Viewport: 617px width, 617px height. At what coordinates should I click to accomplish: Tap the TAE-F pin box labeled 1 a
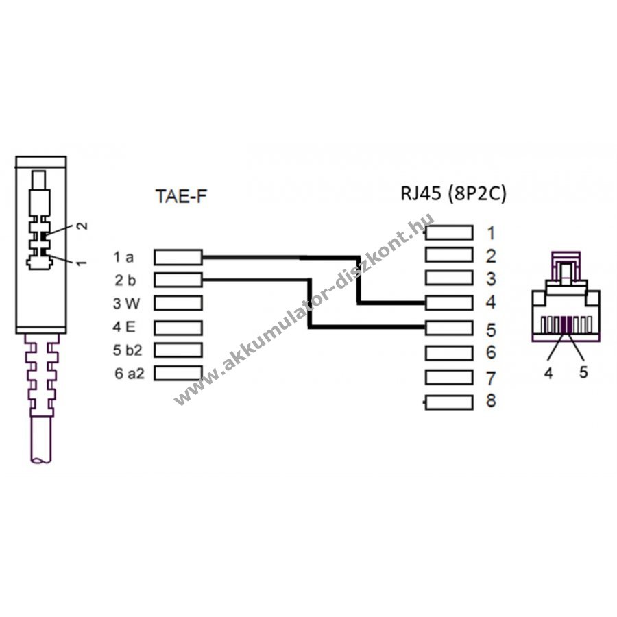pyautogui.click(x=178, y=257)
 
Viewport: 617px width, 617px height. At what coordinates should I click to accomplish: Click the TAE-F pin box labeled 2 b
pyautogui.click(x=178, y=280)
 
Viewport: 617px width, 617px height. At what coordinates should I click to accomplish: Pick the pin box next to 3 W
pyautogui.click(x=178, y=303)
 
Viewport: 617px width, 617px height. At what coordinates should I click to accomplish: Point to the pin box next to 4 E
pyautogui.click(x=178, y=326)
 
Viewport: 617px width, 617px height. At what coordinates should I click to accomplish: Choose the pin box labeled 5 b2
pyautogui.click(x=178, y=350)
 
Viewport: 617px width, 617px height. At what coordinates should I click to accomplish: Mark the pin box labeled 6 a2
pyautogui.click(x=178, y=373)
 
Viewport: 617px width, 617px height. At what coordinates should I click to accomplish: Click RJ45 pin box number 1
pyautogui.click(x=450, y=232)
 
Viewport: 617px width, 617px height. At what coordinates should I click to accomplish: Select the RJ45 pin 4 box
pyautogui.click(x=450, y=302)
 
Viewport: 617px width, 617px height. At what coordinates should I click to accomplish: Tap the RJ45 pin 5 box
pyautogui.click(x=450, y=328)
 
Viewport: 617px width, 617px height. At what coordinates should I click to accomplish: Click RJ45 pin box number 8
pyautogui.click(x=450, y=402)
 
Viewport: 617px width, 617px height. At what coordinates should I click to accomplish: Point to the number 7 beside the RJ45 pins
pyautogui.click(x=489, y=378)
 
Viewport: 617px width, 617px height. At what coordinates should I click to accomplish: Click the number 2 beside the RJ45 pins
pyautogui.click(x=489, y=256)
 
